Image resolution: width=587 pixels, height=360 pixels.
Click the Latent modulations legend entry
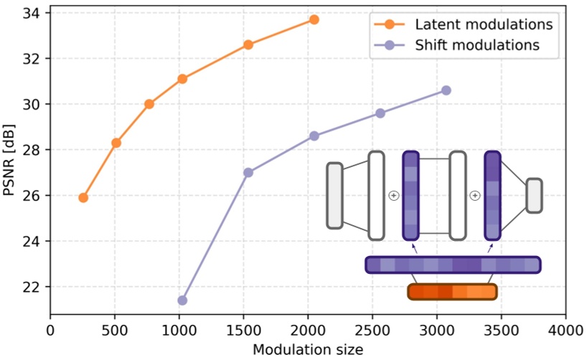click(482, 24)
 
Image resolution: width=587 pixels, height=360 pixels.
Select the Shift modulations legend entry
click(476, 44)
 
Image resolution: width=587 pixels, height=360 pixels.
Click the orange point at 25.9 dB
click(83, 197)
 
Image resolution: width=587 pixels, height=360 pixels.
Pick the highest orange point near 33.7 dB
click(314, 19)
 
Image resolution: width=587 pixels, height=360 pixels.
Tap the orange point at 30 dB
click(149, 104)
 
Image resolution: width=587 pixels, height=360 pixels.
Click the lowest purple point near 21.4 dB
click(182, 300)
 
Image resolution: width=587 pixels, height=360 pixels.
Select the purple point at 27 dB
click(248, 172)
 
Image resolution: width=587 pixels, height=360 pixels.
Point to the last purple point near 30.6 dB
click(446, 90)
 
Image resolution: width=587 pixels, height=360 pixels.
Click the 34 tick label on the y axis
click(31, 13)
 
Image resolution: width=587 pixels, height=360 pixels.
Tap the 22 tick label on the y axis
click(31, 287)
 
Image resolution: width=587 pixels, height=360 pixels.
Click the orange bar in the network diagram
click(452, 292)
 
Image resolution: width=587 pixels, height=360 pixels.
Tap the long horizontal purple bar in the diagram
click(452, 265)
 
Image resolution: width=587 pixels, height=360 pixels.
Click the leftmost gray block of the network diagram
click(334, 195)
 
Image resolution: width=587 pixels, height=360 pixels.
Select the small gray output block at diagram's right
click(534, 195)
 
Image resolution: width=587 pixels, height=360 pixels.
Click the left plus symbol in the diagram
click(393, 195)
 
